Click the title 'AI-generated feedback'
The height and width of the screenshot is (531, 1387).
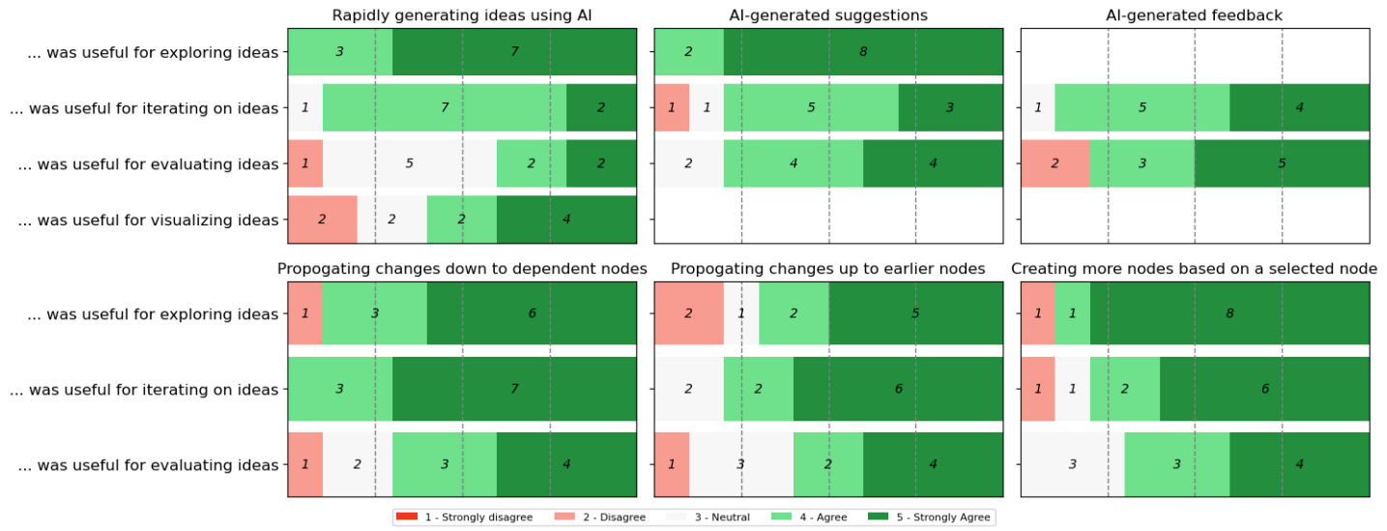coord(1195,15)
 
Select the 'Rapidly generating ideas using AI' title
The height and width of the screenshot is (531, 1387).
coord(462,15)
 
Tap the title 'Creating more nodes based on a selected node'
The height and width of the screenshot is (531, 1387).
coord(1195,269)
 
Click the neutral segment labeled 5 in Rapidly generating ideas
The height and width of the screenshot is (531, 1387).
coord(410,163)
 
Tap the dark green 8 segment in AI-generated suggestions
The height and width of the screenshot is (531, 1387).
coord(863,52)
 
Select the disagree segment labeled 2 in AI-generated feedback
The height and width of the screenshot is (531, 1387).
coord(1055,163)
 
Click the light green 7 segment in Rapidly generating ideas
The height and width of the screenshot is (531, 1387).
coord(445,107)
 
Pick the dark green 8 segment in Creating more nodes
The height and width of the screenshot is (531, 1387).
coord(1229,314)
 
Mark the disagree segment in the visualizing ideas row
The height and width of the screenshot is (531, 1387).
coord(323,220)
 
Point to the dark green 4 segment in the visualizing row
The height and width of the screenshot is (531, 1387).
coord(566,220)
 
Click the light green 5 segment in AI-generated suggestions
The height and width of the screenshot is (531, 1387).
coord(811,107)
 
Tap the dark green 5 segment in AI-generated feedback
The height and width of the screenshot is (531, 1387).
coord(1282,163)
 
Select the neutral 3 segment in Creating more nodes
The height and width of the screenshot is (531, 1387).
coord(1073,464)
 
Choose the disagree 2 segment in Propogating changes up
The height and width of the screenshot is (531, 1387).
coord(689,314)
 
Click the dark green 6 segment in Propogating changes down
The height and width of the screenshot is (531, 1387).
coord(532,314)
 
